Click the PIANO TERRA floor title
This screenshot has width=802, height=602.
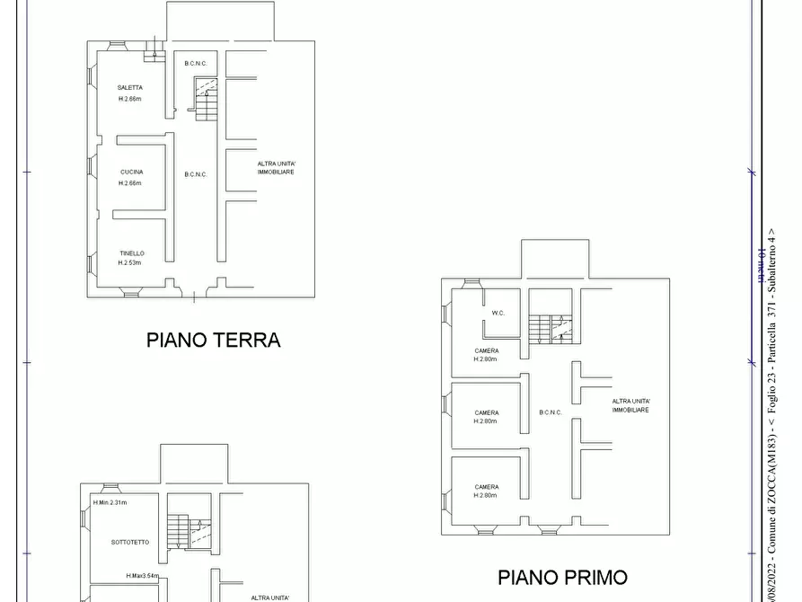(x=214, y=341)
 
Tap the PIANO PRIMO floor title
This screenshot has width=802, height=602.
(x=563, y=577)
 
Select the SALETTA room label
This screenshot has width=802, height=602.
(x=129, y=87)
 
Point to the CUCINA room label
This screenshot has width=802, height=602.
(x=131, y=172)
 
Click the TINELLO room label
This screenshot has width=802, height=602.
(x=131, y=253)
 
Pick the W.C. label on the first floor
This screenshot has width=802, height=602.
(x=498, y=313)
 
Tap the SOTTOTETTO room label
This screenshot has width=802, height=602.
(x=130, y=542)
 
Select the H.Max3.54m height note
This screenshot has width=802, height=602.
(x=142, y=576)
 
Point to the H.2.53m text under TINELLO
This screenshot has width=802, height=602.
(x=131, y=263)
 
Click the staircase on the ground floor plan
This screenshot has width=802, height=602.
(x=207, y=99)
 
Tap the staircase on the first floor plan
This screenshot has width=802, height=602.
(x=549, y=328)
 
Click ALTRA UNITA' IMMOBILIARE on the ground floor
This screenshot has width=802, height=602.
(x=276, y=167)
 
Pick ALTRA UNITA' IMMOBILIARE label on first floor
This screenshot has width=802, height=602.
(x=630, y=405)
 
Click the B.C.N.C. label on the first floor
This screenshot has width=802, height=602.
(x=551, y=412)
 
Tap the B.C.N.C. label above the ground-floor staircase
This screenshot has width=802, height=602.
(x=196, y=63)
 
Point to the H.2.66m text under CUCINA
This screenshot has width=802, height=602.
(x=130, y=183)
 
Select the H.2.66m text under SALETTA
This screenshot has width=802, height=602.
(x=129, y=99)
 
